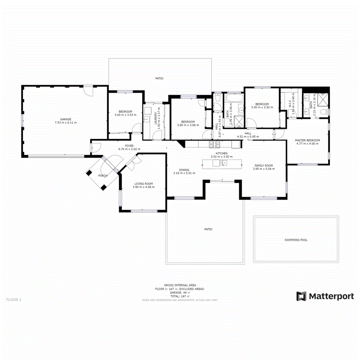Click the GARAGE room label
(x=66, y=119)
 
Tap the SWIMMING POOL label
(x=296, y=240)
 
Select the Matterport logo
(x=325, y=296)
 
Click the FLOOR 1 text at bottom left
(x=14, y=299)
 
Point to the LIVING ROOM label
(x=143, y=184)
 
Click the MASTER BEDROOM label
(x=307, y=140)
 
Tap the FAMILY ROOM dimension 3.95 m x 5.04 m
(x=263, y=169)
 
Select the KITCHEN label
(x=222, y=153)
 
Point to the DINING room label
(x=184, y=170)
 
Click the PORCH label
(x=103, y=176)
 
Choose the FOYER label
(x=129, y=146)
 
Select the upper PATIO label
(x=160, y=78)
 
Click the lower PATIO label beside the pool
(x=208, y=229)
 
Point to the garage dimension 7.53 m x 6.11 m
(x=66, y=122)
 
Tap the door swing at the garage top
(x=89, y=91)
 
